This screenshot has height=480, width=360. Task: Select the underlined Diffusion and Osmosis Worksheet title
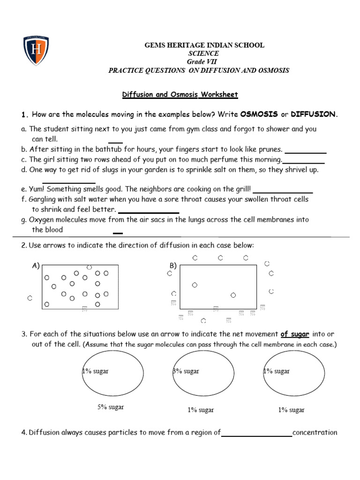pos(180,95)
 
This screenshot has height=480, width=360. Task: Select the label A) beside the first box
pos(36,266)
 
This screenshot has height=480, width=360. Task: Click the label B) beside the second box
pos(173,266)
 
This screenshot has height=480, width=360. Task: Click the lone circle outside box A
pos(30,298)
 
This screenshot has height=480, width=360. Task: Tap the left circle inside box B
pos(195,285)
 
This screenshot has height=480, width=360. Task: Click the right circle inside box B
pos(233,295)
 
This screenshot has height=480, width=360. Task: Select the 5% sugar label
pos(111,407)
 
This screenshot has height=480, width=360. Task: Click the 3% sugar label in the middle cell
pos(186,371)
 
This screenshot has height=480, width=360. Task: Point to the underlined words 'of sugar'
pos(295,334)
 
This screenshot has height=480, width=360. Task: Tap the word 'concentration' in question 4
pos(315,433)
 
